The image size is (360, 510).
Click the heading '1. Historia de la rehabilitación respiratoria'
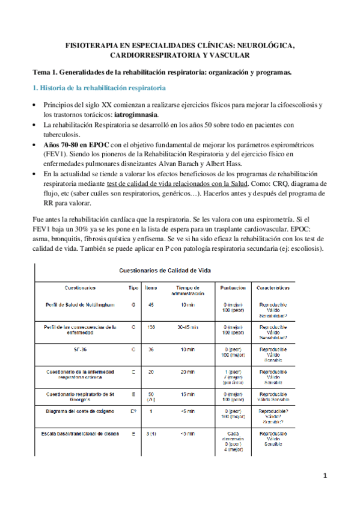point(99,88)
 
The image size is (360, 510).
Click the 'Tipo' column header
point(133,288)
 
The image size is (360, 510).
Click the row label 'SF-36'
point(79,349)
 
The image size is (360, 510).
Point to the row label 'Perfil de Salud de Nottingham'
point(79,306)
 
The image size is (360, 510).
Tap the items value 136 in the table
point(151,328)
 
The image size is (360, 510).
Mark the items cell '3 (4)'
point(151,433)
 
